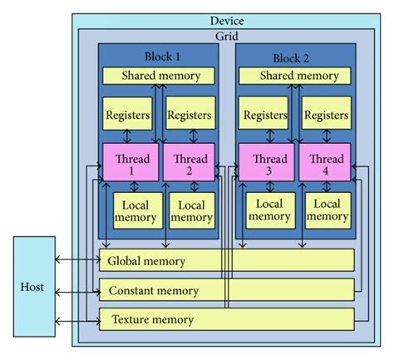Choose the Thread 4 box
pos(325,162)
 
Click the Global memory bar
pos(226,261)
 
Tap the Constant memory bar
pos(226,290)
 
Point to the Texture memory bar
pos(226,319)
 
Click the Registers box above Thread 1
pos(126,115)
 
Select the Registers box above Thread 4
pos(325,115)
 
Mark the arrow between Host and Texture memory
pos(76,319)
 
